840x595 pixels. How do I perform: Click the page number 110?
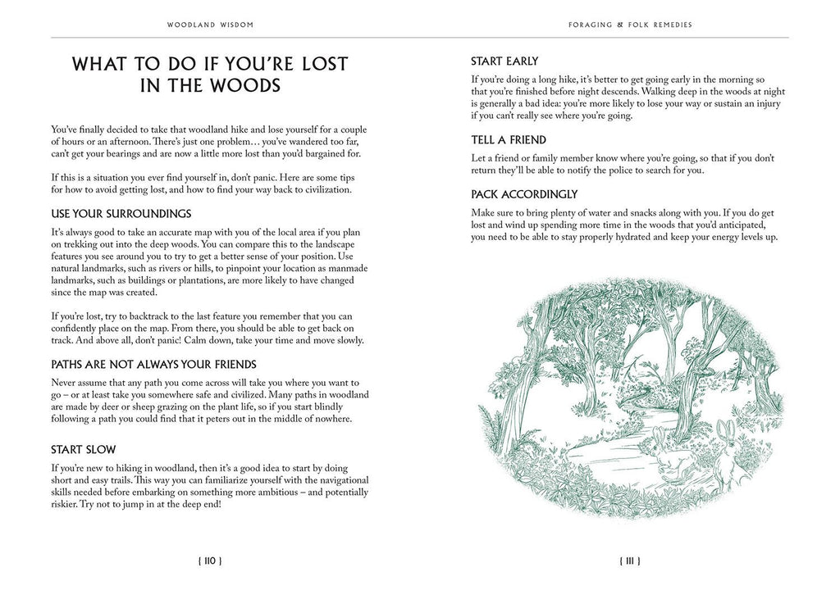tap(209, 561)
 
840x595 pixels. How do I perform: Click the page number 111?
tap(630, 561)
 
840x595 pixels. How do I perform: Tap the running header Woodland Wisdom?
tap(210, 25)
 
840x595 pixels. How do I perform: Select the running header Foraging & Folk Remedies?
tap(630, 25)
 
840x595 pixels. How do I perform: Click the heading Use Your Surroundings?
tap(121, 214)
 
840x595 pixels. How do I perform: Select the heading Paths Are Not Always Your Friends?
tap(154, 364)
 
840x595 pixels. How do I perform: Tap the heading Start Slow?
tap(84, 450)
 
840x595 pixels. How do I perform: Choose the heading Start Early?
tap(504, 61)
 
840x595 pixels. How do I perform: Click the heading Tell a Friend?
tap(509, 140)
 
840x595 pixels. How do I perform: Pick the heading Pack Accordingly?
tap(524, 194)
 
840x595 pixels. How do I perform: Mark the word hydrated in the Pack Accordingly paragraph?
tap(631, 238)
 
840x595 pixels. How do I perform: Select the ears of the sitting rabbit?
tap(723, 429)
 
